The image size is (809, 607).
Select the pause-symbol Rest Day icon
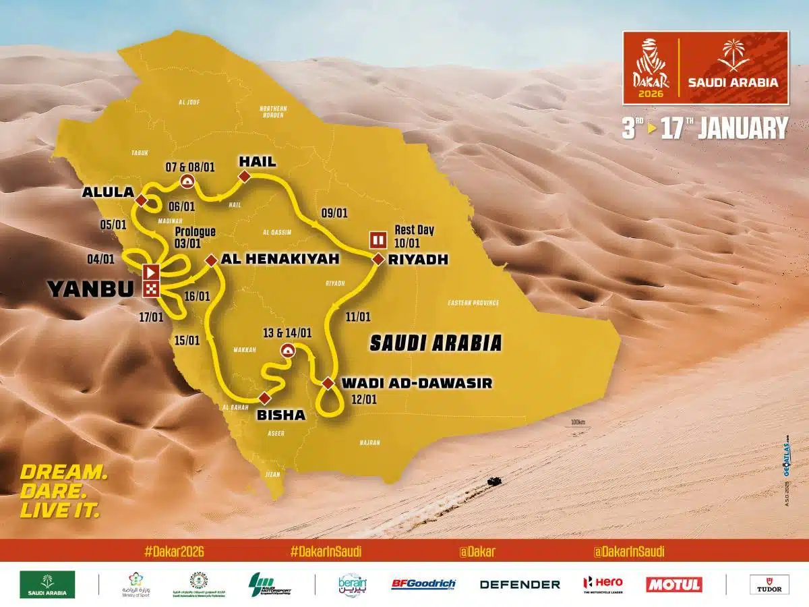click(377, 239)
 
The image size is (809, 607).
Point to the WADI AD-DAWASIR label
click(417, 383)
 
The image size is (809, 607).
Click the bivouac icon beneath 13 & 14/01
click(287, 350)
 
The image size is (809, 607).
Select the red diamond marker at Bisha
click(264, 397)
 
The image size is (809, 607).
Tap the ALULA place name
click(107, 192)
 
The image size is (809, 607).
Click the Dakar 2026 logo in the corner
click(650, 67)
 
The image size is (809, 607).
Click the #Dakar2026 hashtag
click(174, 551)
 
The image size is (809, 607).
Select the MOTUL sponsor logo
click(673, 584)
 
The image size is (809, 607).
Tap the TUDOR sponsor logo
click(769, 584)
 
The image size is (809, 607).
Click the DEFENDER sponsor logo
click(520, 584)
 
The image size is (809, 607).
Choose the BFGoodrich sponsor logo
click(423, 584)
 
